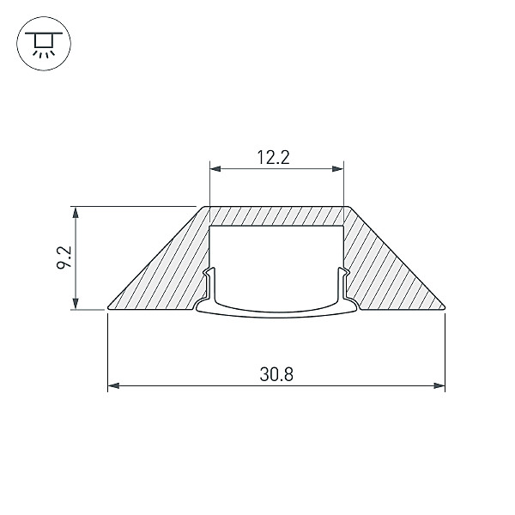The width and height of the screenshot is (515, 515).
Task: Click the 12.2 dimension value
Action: tap(273, 157)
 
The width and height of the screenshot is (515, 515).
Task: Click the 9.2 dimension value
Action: tap(64, 257)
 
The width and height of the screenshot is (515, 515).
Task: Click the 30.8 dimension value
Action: tap(276, 374)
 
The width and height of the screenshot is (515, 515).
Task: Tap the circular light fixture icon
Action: tap(44, 44)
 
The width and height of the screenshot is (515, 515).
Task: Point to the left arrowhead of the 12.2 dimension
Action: tap(215, 169)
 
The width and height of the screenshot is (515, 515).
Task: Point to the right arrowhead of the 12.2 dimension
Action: tap(338, 169)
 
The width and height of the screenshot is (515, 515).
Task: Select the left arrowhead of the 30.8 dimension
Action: tap(113, 385)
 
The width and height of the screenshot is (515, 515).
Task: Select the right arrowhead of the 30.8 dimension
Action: tap(439, 385)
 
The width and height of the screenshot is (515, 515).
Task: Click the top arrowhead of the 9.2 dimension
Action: tap(76, 212)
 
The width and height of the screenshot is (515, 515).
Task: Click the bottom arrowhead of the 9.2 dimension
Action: tap(76, 304)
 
